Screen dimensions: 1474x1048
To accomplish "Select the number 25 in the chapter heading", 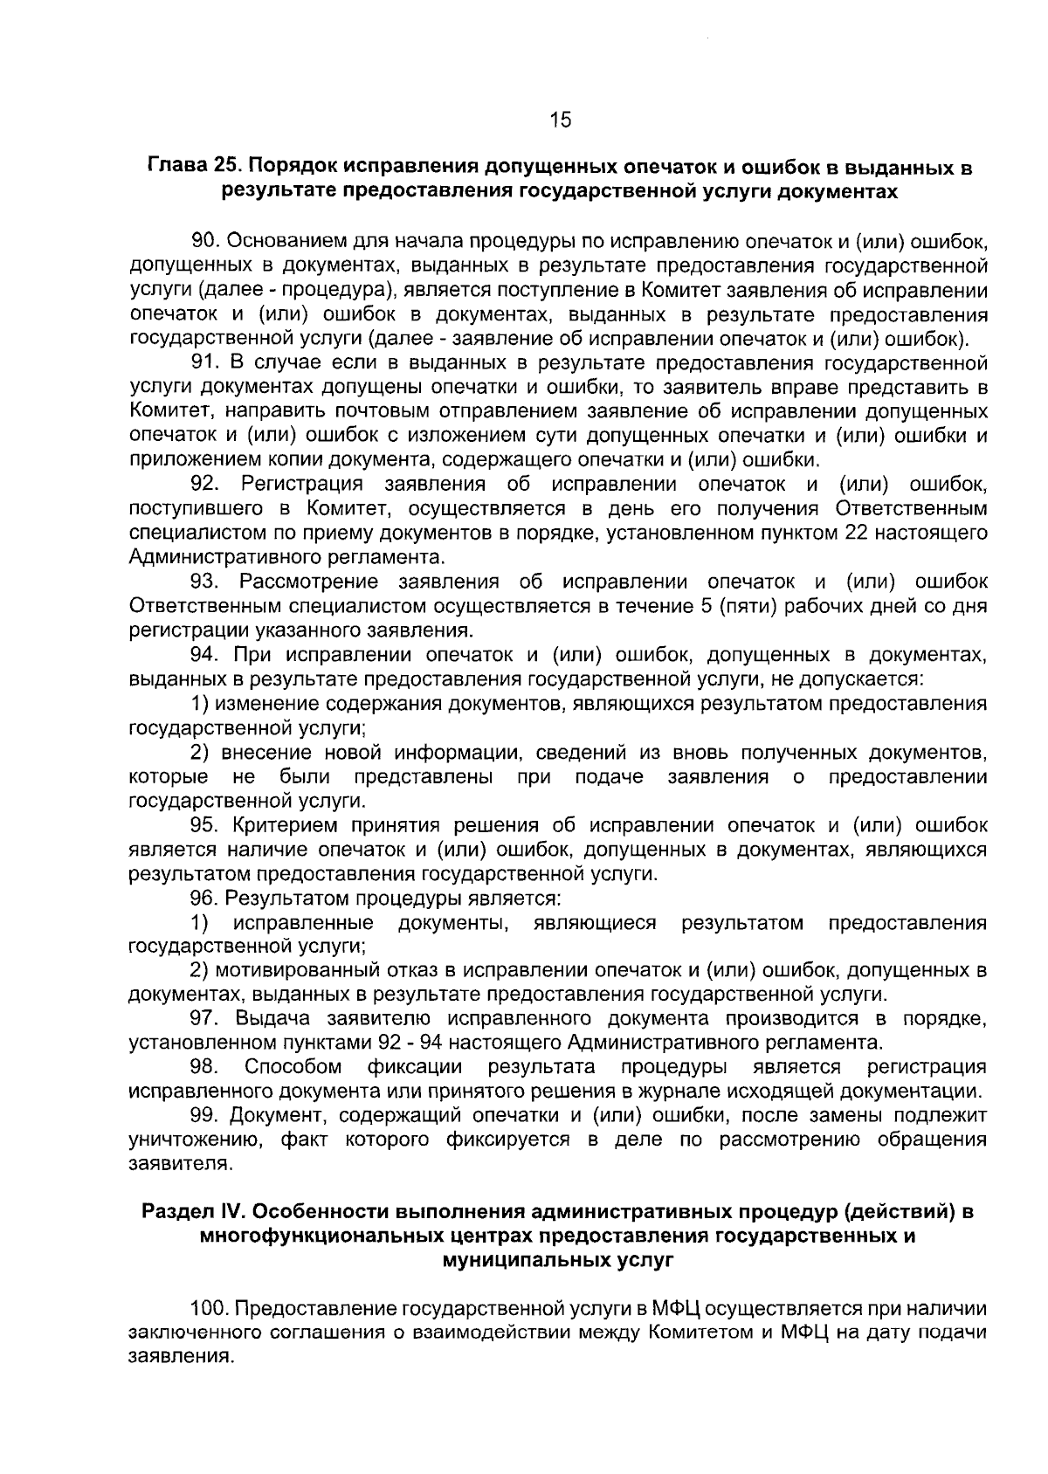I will tap(225, 166).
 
